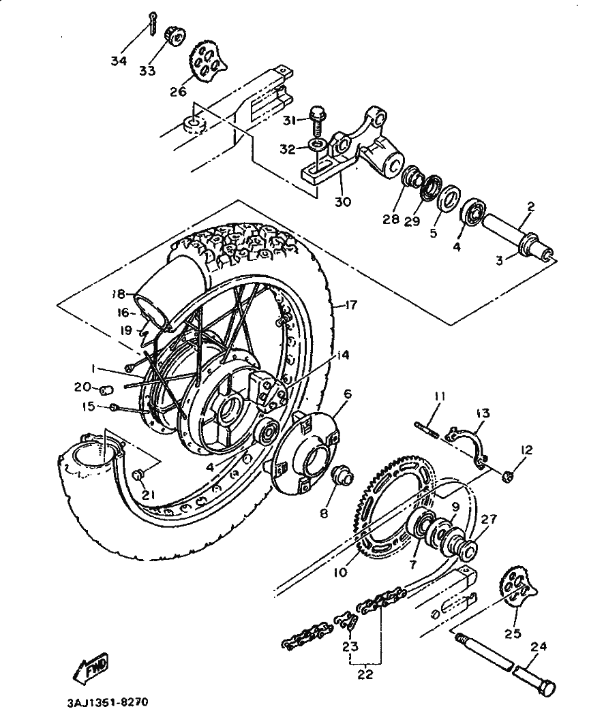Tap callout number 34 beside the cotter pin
[x=119, y=61]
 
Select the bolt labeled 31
[x=317, y=121]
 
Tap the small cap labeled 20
[x=106, y=390]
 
